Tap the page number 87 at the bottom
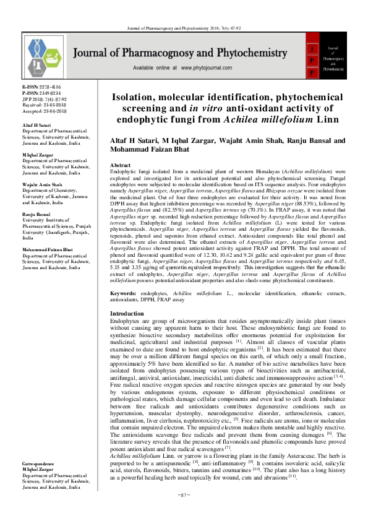[x=184, y=512]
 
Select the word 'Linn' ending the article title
[x=317, y=118]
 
